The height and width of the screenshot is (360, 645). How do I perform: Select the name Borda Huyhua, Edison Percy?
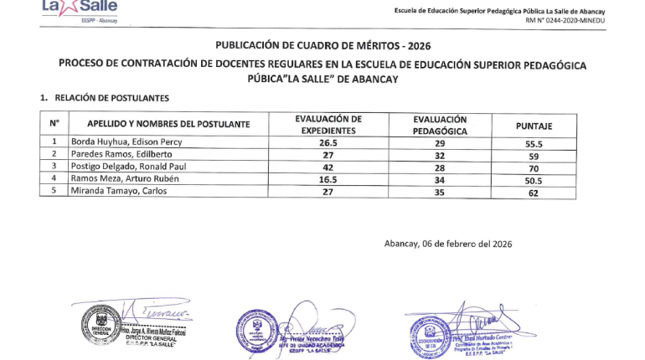pyautogui.click(x=126, y=142)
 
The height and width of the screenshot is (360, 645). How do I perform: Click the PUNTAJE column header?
pyautogui.click(x=534, y=126)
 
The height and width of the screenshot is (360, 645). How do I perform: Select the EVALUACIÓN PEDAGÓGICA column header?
pyautogui.click(x=440, y=126)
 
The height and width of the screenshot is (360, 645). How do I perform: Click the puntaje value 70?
pyautogui.click(x=534, y=167)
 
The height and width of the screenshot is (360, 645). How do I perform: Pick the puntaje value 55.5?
pyautogui.click(x=534, y=142)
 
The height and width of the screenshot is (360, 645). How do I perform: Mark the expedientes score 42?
pyautogui.click(x=328, y=167)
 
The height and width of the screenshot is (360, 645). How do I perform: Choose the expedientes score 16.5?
pyautogui.click(x=328, y=179)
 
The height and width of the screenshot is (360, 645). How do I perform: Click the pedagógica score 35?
pyautogui.click(x=439, y=192)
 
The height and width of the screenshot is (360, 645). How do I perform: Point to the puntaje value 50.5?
pyautogui.click(x=534, y=179)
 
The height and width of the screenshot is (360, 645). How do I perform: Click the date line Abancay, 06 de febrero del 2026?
pyautogui.click(x=447, y=244)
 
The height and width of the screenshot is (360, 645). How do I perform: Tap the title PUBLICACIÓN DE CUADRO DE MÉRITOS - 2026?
pyautogui.click(x=322, y=45)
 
